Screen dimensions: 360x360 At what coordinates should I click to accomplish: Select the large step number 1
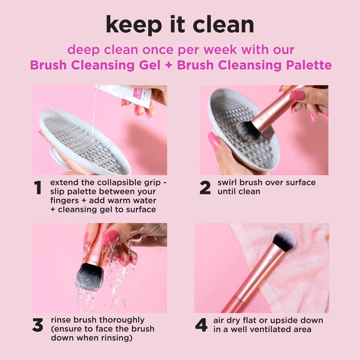(39, 189)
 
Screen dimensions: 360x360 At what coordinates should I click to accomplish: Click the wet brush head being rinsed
(89, 275)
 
